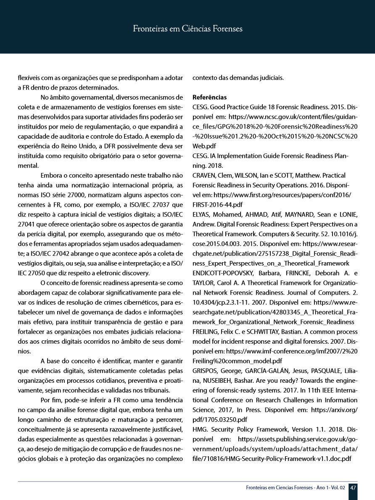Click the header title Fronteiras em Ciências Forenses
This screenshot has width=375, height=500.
tap(187, 29)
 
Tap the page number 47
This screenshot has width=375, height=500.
tap(353, 488)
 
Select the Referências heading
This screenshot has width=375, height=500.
tap(209, 97)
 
